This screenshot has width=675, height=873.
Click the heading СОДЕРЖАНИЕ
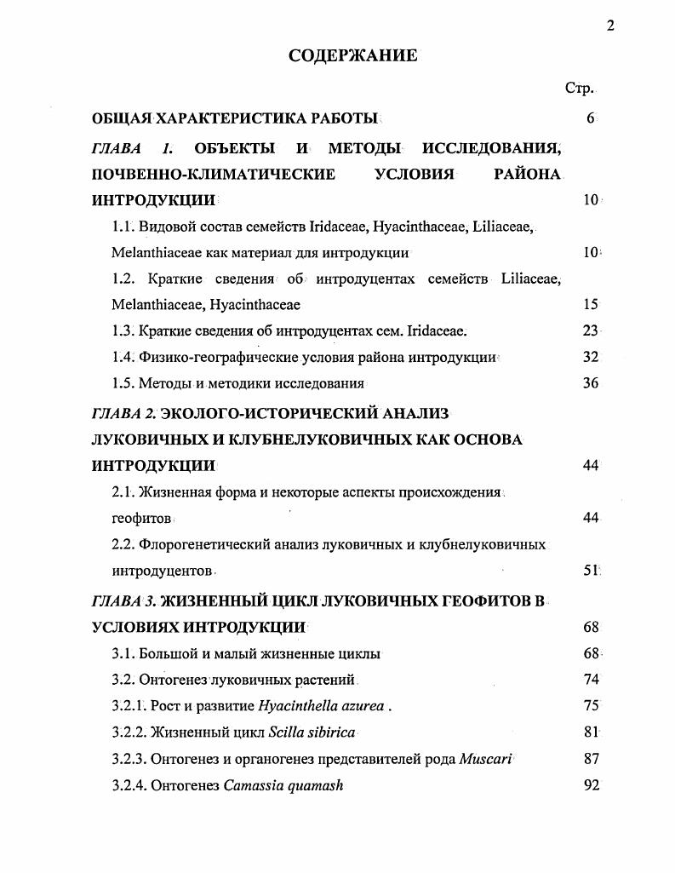[353, 56]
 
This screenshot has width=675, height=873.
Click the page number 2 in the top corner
[610, 25]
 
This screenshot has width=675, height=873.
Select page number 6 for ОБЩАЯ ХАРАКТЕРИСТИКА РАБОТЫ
[590, 118]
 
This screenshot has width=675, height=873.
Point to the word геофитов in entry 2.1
[142, 518]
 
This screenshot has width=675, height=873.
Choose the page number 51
[592, 570]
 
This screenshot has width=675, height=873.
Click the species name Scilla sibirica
[312, 732]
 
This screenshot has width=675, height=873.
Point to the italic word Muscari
[485, 759]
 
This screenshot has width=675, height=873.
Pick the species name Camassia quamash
[283, 785]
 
